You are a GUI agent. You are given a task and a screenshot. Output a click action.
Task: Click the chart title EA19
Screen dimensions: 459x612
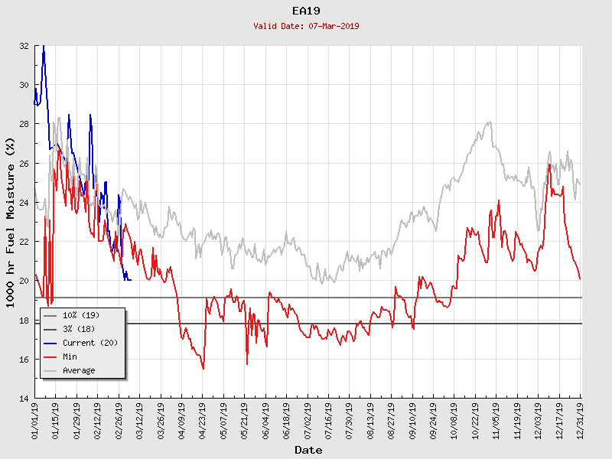tap(306, 11)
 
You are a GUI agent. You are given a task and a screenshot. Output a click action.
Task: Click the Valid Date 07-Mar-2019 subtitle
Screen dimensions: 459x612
tap(306, 26)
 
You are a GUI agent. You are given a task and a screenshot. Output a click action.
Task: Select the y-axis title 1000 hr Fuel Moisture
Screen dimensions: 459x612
tap(11, 222)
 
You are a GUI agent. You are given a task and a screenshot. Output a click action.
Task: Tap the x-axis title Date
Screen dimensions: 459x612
tap(308, 450)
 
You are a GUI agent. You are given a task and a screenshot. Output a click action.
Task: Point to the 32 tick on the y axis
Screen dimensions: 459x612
tap(24, 46)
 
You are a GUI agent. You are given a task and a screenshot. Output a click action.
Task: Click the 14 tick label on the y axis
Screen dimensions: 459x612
tap(24, 399)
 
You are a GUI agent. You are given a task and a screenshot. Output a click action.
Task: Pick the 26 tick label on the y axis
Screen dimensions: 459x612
tap(24, 164)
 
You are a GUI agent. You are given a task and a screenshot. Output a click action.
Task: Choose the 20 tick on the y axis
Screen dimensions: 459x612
tap(24, 281)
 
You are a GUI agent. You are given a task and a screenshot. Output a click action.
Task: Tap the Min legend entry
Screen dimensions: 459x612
tap(70, 356)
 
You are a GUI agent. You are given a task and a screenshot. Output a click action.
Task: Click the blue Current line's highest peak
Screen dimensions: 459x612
tap(43, 47)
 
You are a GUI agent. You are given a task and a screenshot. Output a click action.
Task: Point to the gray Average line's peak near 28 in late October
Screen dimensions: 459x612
tap(488, 122)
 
